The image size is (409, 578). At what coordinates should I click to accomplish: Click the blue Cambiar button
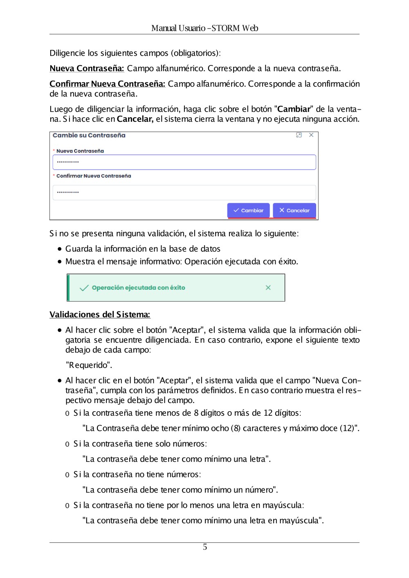coord(248,211)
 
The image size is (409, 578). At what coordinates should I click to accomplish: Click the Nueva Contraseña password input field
coord(184,162)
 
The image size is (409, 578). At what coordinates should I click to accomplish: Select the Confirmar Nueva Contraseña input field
coord(184,193)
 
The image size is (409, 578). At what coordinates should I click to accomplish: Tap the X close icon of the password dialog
coord(311,135)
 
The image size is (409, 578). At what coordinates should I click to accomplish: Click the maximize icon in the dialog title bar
coord(299,135)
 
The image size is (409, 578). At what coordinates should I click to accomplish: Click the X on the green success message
coord(268,288)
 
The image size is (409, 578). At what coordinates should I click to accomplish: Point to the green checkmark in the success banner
coord(84,288)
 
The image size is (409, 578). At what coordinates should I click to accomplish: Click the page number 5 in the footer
coord(205,547)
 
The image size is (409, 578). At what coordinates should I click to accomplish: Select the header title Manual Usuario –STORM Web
coord(204,28)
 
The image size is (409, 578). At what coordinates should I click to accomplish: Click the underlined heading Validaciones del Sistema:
coord(100,314)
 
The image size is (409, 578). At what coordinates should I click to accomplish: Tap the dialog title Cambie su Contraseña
coord(89,135)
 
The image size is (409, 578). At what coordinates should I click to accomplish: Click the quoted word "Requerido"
coord(89,365)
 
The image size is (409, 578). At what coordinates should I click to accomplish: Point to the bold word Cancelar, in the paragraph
coord(135,119)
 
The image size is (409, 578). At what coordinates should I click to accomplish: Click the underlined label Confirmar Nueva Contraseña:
coord(107,84)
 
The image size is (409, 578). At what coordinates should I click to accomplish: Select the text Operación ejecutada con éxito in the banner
coord(138,288)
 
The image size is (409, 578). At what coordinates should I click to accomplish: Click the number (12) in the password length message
coord(348,428)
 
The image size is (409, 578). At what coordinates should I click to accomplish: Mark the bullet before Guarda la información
coord(60,249)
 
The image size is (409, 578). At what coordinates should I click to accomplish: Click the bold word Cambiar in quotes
coord(294,109)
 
